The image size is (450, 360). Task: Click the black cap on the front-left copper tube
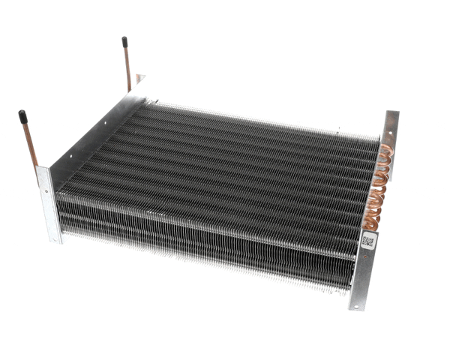click(x=22, y=117)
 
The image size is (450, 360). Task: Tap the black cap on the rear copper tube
click(x=124, y=43)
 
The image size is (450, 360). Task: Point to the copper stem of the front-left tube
click(x=29, y=146)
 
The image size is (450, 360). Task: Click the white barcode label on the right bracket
click(x=367, y=241)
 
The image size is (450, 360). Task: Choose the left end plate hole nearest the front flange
click(x=69, y=158)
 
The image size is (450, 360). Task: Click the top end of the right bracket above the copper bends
click(x=391, y=120)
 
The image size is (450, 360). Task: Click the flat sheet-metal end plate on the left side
click(x=90, y=135)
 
